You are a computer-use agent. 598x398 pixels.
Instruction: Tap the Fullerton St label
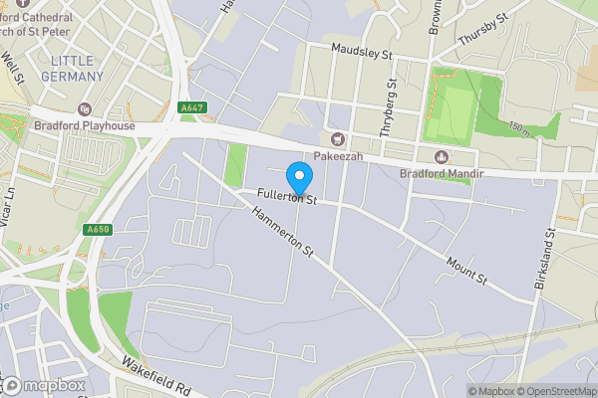tap(286, 197)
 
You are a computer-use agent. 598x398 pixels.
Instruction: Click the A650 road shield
tap(96, 230)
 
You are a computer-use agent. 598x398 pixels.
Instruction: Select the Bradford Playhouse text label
tap(84, 125)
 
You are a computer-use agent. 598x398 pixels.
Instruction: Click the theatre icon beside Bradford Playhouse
tap(84, 108)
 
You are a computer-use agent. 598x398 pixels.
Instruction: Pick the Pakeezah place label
tap(338, 156)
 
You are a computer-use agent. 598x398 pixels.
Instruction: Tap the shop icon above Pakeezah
tap(338, 139)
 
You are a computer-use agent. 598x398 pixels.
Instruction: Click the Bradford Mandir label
tap(442, 174)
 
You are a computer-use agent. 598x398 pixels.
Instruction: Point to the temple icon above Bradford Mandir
tap(442, 157)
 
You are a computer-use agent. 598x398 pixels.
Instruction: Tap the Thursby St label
tap(483, 29)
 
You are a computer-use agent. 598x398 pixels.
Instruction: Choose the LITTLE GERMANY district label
tap(76, 69)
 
